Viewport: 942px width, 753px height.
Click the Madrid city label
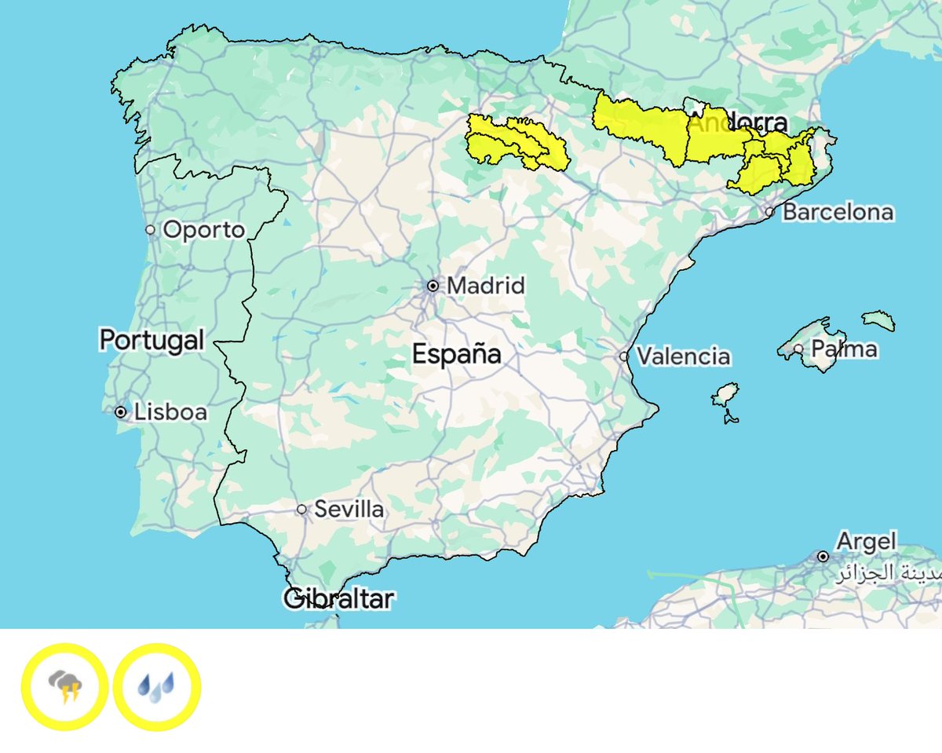click(486, 286)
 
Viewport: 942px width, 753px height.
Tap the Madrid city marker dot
click(433, 286)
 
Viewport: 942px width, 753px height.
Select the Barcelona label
click(838, 212)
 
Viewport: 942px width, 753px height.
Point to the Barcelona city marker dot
click(769, 212)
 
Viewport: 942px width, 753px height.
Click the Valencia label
click(683, 356)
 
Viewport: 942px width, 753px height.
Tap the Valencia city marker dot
click(623, 356)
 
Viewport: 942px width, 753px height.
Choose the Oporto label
click(204, 230)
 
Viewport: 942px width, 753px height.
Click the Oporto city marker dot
click(150, 230)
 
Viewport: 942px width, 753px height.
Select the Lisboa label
click(170, 411)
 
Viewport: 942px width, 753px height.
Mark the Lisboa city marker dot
click(120, 411)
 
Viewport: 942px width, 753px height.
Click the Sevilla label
click(349, 510)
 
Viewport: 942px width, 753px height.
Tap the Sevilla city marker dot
click(301, 510)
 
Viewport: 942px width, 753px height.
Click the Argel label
click(866, 541)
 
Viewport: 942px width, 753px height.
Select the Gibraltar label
click(338, 599)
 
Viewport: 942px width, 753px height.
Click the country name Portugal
click(152, 340)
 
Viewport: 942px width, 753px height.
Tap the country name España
click(457, 354)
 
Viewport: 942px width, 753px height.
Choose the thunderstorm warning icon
click(64, 687)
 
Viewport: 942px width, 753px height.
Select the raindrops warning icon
click(157, 687)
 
